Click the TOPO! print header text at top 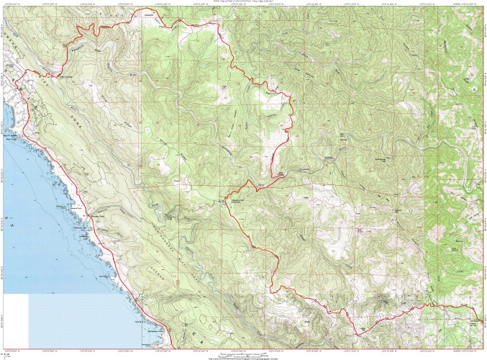coord(243,1)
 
